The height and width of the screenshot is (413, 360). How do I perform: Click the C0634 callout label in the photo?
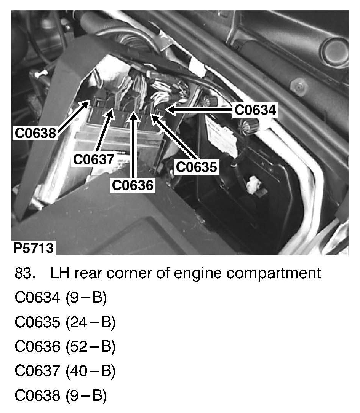tap(255, 110)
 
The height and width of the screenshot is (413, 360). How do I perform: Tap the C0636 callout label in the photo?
tap(133, 185)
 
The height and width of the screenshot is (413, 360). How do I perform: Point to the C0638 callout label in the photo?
tap(35, 133)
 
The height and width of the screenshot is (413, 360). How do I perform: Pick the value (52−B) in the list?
tap(90, 347)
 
